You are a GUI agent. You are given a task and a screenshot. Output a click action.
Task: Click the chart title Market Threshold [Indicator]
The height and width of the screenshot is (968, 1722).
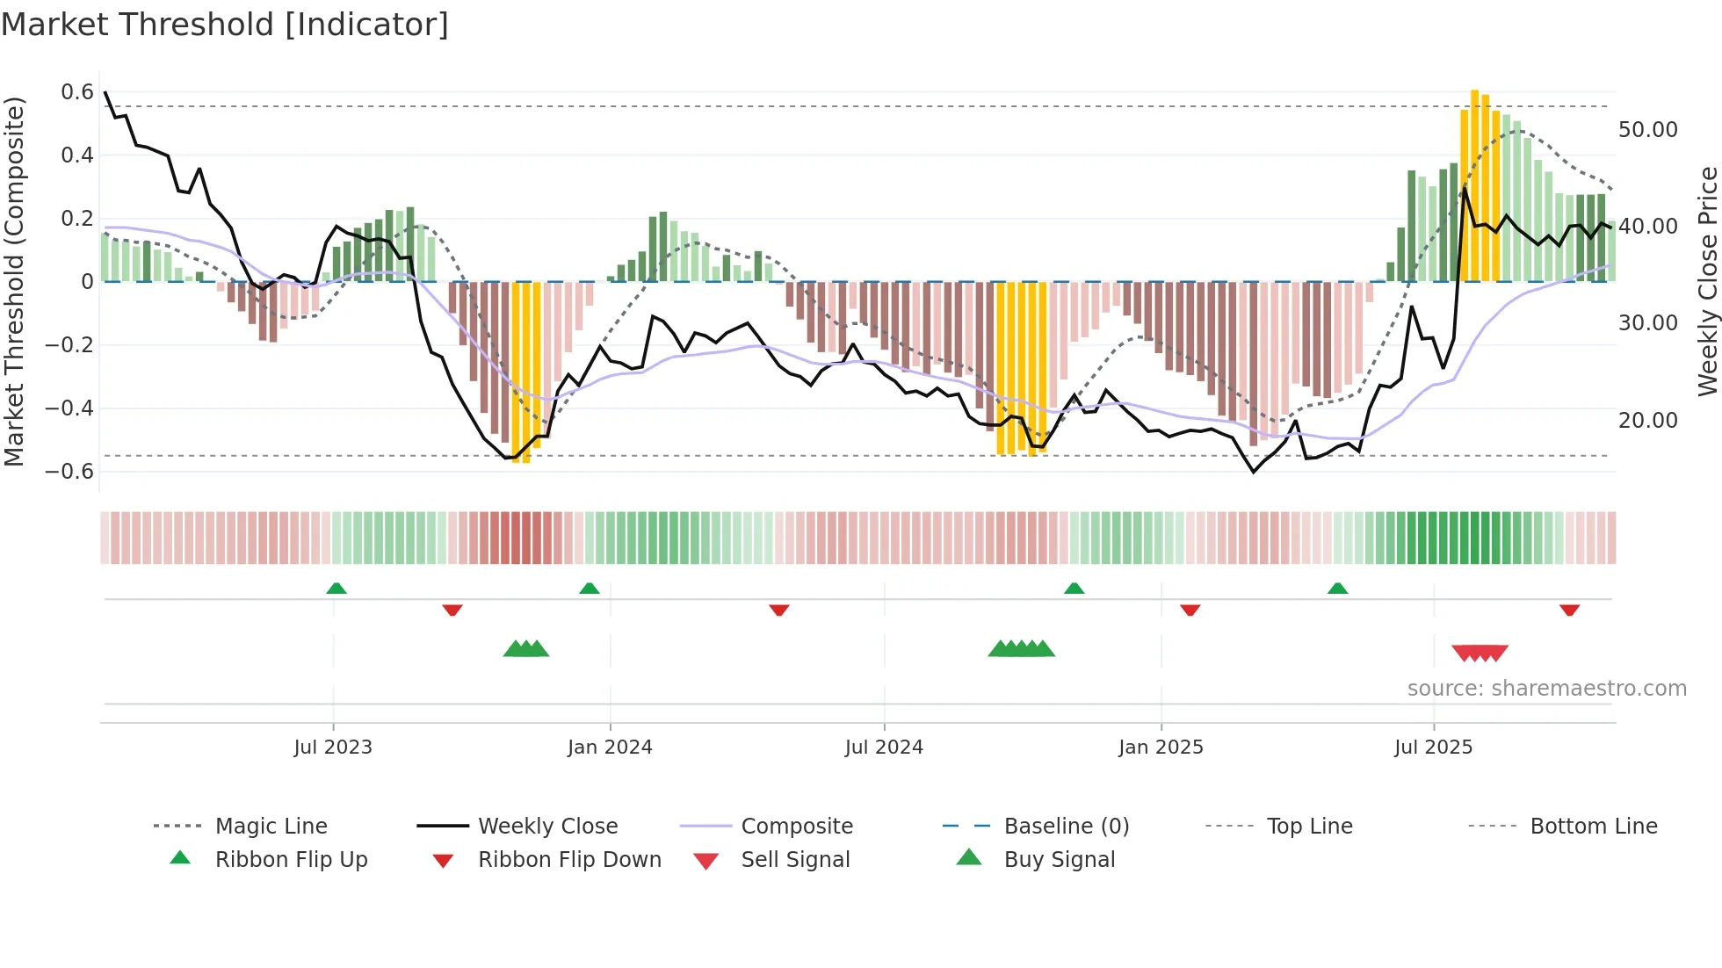coord(225,25)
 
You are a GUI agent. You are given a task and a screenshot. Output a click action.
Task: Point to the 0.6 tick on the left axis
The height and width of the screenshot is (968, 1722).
coord(77,92)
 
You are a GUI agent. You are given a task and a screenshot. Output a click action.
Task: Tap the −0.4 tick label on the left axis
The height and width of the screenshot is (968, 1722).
coord(69,408)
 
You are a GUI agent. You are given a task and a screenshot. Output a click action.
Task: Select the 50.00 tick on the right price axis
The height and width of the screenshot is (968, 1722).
coord(1647,130)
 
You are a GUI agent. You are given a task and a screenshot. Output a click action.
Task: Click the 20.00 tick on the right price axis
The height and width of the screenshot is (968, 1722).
coord(1647,421)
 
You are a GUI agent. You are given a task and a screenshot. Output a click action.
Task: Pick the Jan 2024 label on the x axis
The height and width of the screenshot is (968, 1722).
coord(610,748)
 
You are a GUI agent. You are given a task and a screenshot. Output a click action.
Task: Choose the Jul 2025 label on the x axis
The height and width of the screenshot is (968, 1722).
coord(1433,748)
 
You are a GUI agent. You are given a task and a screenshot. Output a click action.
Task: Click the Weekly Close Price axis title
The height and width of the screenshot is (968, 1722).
coord(1707,281)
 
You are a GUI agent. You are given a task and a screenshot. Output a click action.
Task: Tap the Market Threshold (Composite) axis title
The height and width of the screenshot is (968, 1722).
coord(14,281)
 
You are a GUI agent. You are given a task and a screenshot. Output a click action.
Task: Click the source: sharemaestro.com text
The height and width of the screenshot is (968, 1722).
coord(1546,689)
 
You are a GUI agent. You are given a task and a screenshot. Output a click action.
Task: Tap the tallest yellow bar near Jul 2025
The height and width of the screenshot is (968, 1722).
coord(1475,184)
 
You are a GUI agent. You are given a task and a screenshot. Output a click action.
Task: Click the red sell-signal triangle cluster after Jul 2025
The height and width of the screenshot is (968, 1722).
coord(1480,653)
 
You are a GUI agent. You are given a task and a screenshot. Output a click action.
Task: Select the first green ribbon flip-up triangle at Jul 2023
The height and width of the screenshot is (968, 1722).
coord(336,589)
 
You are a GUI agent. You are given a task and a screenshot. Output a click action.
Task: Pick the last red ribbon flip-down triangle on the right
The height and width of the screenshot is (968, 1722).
coord(1569,610)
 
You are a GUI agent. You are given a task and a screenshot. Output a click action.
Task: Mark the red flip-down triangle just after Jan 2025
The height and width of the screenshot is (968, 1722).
coord(1190,610)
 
